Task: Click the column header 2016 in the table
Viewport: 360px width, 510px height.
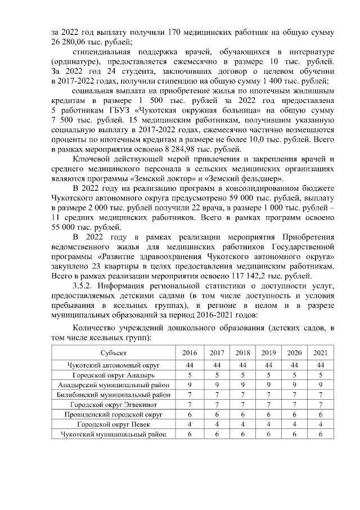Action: pyautogui.click(x=190, y=352)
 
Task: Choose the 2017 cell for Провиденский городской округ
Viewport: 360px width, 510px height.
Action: pyautogui.click(x=216, y=414)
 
